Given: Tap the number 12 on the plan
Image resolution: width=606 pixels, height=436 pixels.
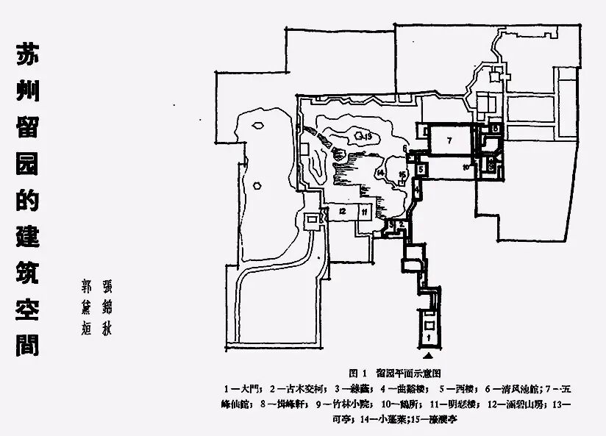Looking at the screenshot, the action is click(343, 211).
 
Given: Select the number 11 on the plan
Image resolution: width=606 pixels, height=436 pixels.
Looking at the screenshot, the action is click(364, 212).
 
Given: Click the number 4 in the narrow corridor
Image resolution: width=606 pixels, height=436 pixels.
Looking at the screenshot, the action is click(416, 190).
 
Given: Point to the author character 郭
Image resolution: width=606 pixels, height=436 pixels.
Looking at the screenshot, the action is click(88, 284).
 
